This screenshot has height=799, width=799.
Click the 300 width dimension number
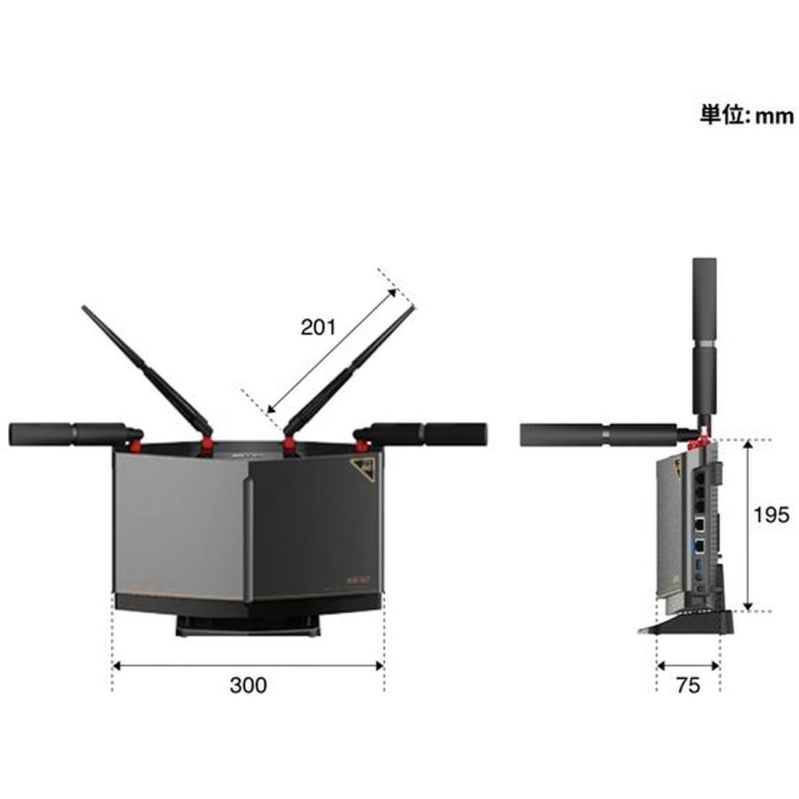[x=248, y=684]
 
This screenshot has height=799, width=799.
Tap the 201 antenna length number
[x=318, y=328]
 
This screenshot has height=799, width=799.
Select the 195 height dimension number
[x=771, y=516]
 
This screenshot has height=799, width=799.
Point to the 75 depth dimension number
[x=688, y=684]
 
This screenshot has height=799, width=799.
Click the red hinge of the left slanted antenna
[x=206, y=441]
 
